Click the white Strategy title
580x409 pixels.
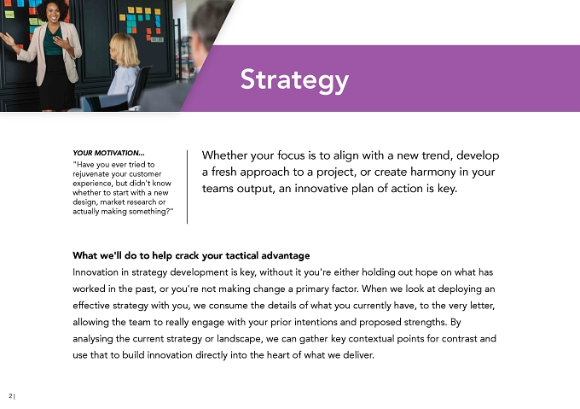click(294, 80)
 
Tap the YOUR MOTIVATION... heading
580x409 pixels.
click(109, 153)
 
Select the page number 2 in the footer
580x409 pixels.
click(10, 395)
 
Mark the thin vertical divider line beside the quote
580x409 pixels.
click(187, 186)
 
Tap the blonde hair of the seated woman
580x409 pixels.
click(125, 50)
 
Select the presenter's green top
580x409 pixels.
click(52, 42)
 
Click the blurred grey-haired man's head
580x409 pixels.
click(208, 23)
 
